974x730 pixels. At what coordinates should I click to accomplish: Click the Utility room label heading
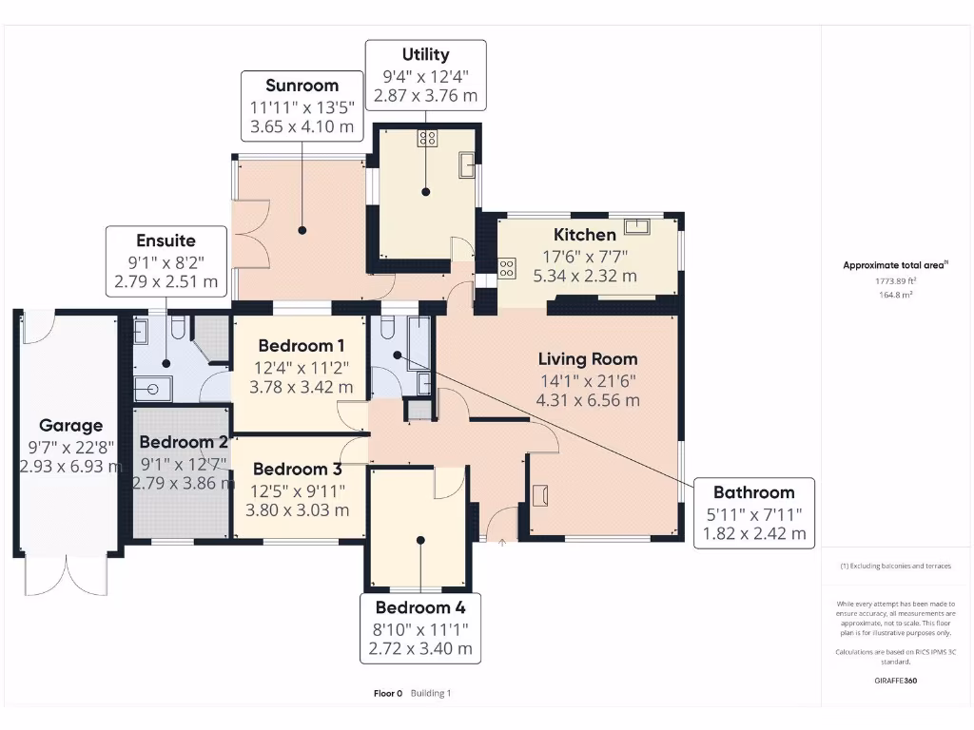click(x=425, y=54)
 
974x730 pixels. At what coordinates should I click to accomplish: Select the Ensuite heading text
click(x=166, y=240)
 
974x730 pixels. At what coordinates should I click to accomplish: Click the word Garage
click(x=70, y=425)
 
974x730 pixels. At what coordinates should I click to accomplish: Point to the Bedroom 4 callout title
click(x=419, y=607)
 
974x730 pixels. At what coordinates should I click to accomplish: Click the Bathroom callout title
click(x=753, y=491)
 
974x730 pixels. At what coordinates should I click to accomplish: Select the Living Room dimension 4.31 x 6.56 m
click(x=589, y=400)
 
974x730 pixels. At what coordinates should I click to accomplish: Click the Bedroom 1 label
click(x=301, y=345)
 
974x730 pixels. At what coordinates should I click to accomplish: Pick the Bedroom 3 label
click(x=296, y=469)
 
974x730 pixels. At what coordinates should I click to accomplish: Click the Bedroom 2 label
click(x=184, y=442)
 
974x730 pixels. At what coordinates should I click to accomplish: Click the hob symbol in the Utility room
click(x=426, y=138)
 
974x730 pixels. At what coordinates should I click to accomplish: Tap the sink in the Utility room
click(x=467, y=165)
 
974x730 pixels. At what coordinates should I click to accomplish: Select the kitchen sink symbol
click(x=636, y=226)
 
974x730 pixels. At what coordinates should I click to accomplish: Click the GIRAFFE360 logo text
click(x=896, y=680)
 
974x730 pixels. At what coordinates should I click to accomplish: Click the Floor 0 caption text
click(x=388, y=693)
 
